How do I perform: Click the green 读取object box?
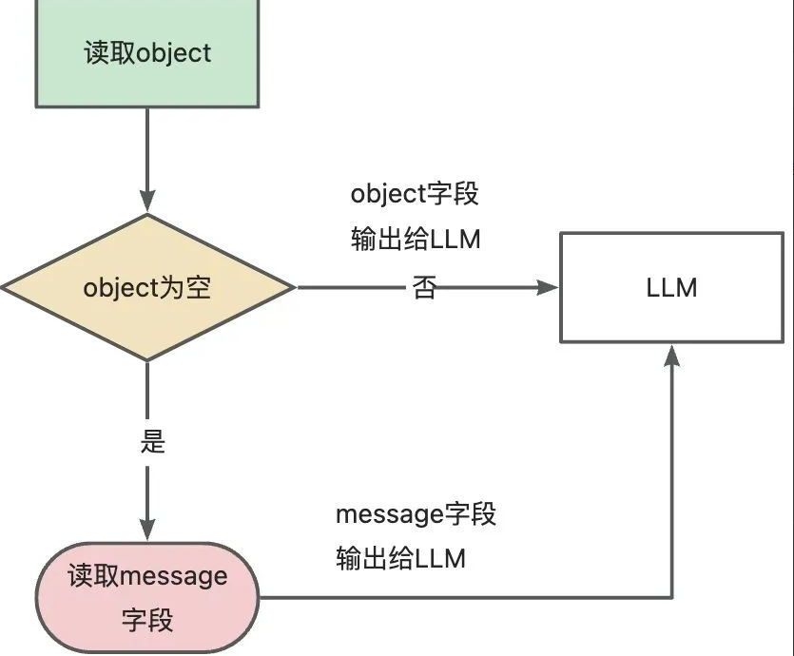147,52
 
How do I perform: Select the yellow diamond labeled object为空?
147,287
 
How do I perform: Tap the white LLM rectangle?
672,287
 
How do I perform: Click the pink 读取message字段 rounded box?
147,597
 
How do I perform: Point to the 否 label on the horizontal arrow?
424,287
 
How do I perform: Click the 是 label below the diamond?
152,442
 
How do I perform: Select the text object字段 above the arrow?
415,194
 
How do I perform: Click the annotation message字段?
416,515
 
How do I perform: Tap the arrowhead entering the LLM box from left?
549,287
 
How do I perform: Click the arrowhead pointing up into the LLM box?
672,355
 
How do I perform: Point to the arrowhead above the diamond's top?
147,202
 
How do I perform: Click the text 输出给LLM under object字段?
416,240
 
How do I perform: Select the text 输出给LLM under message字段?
400,559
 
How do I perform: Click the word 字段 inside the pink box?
147,622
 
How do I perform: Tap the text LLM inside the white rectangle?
672,287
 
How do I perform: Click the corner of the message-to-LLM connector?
672,597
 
